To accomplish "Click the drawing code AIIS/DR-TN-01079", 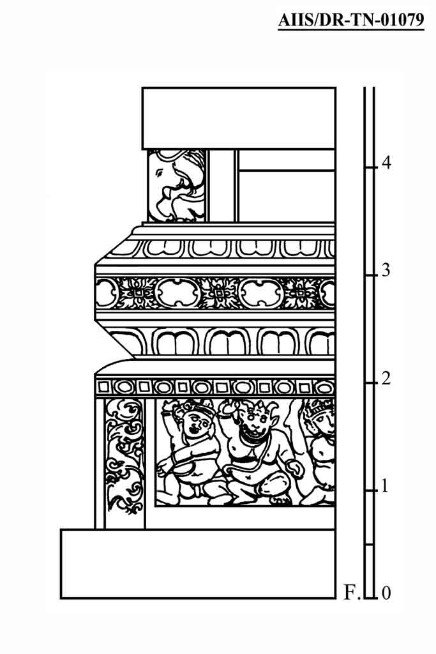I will tap(351, 20).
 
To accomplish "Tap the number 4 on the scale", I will tap(386, 163).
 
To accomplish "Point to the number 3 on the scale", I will tap(386, 270).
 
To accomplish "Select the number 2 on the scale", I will tap(386, 379).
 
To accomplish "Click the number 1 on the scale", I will tap(385, 486).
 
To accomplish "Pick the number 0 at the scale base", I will tap(386, 593).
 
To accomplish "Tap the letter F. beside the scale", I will tap(352, 593).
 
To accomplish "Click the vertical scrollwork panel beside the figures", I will tap(124, 457).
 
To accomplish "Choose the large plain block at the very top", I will tap(239, 118).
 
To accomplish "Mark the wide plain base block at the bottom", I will tap(198, 564).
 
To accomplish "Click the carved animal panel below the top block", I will tap(177, 186).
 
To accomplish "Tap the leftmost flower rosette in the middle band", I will tap(135, 293).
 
